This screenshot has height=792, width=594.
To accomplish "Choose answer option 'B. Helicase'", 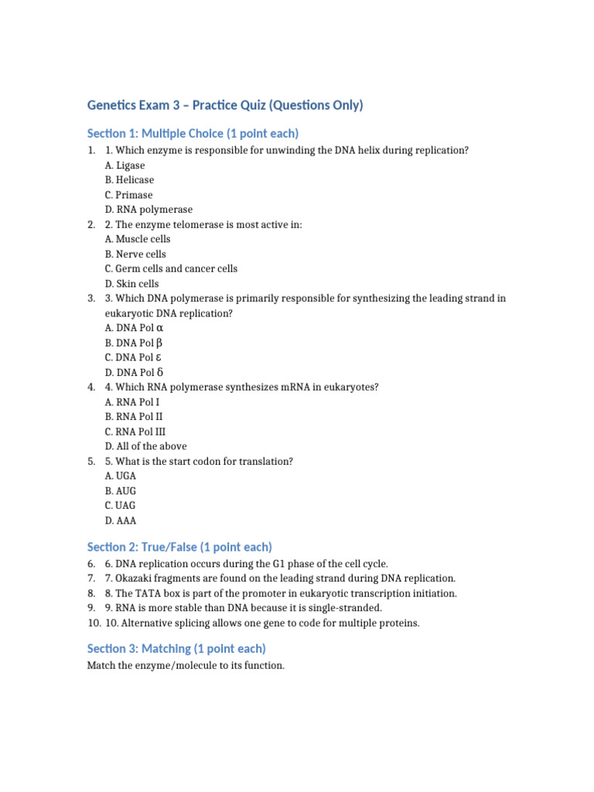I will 129,180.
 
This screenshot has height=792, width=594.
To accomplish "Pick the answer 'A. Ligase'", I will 125,166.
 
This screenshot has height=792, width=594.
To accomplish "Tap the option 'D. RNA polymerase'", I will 148,210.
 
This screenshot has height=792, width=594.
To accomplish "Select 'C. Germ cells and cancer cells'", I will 171,269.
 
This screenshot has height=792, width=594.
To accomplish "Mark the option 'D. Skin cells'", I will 131,284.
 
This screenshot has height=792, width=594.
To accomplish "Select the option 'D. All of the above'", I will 145,446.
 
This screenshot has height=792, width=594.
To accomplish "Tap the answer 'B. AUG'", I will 121,491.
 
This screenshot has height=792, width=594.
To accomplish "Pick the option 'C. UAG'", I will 121,506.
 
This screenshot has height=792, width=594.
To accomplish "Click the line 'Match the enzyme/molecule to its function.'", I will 186,665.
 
